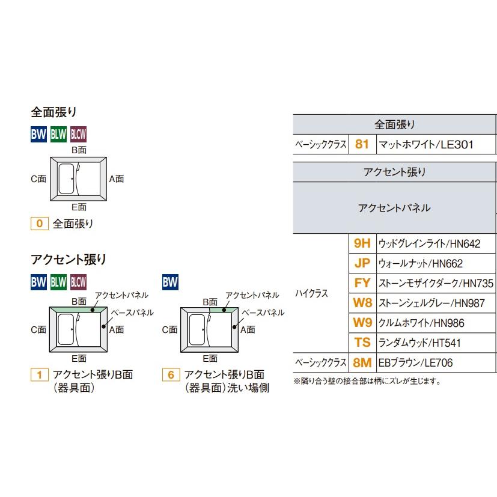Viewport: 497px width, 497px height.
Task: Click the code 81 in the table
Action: point(362,144)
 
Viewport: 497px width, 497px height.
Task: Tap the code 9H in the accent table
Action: point(362,243)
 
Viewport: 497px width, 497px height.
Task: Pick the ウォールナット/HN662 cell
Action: point(420,263)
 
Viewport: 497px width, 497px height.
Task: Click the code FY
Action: point(362,283)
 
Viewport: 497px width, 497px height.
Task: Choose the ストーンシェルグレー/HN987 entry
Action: point(431,303)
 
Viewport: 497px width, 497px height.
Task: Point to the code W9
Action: point(362,323)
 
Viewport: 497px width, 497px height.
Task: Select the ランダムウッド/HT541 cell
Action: point(419,343)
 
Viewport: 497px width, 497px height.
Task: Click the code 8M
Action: point(362,362)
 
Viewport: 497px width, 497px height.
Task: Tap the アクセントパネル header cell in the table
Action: point(394,208)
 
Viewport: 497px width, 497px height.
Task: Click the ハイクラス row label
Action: point(311,293)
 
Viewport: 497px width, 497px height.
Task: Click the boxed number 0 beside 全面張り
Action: point(39,224)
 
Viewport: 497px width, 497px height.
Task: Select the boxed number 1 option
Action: point(39,375)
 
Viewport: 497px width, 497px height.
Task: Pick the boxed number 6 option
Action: point(171,375)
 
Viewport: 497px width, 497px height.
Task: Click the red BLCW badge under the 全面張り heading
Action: point(79,135)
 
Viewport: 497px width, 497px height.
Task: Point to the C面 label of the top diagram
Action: point(38,178)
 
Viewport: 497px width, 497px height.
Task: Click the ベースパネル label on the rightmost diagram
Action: point(263,313)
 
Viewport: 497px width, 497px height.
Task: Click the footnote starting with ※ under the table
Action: point(367,381)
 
